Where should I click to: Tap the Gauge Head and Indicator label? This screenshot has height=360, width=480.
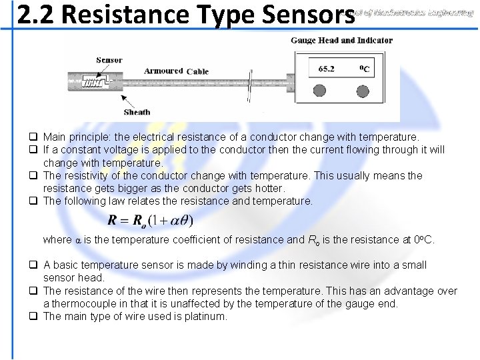(x=341, y=40)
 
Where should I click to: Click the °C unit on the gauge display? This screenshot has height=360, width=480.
(x=365, y=68)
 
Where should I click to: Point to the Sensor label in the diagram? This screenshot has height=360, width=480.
(x=109, y=60)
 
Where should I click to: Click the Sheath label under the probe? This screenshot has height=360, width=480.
(x=137, y=112)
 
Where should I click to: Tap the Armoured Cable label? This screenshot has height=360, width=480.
(x=176, y=71)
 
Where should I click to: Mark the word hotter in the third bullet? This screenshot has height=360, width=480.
(x=269, y=188)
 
